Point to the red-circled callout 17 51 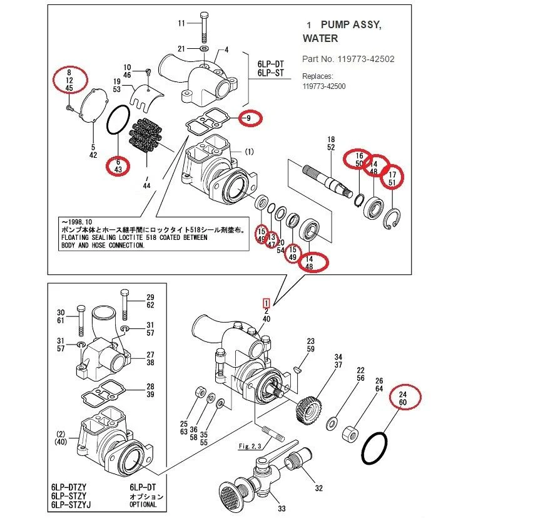(392, 178)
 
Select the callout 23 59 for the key (310, 345)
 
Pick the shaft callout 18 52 (331, 143)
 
